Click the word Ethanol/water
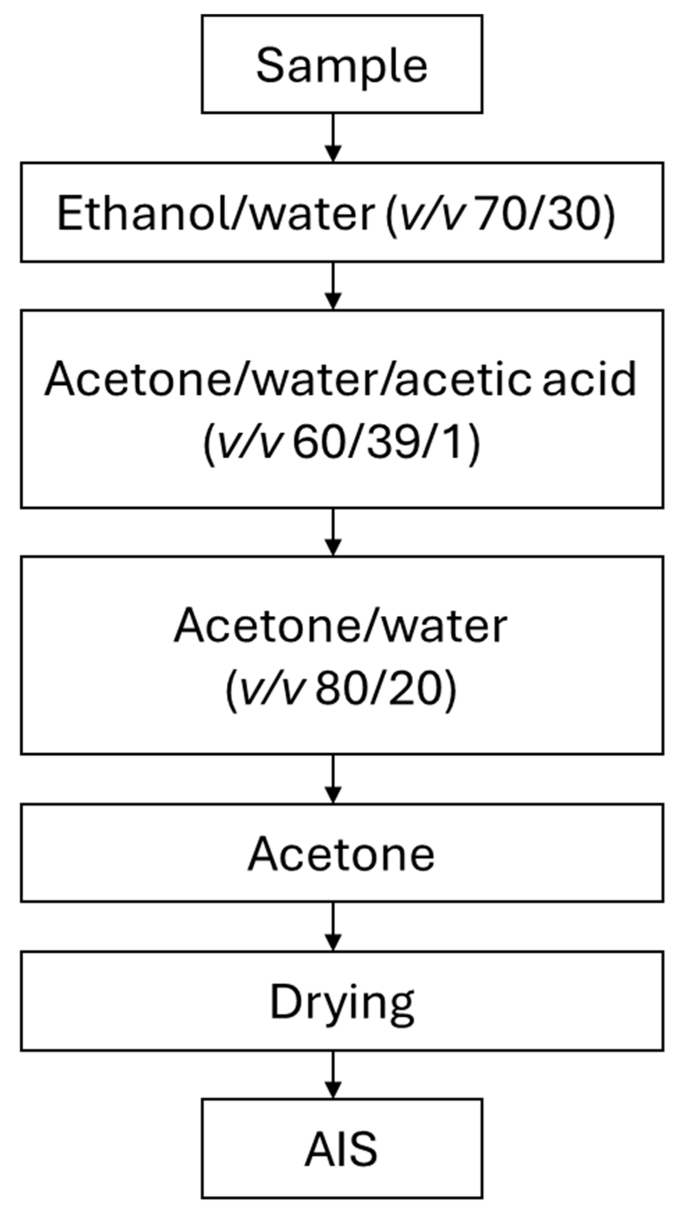click(215, 214)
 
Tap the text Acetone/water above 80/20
click(341, 626)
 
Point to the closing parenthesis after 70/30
click(609, 215)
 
